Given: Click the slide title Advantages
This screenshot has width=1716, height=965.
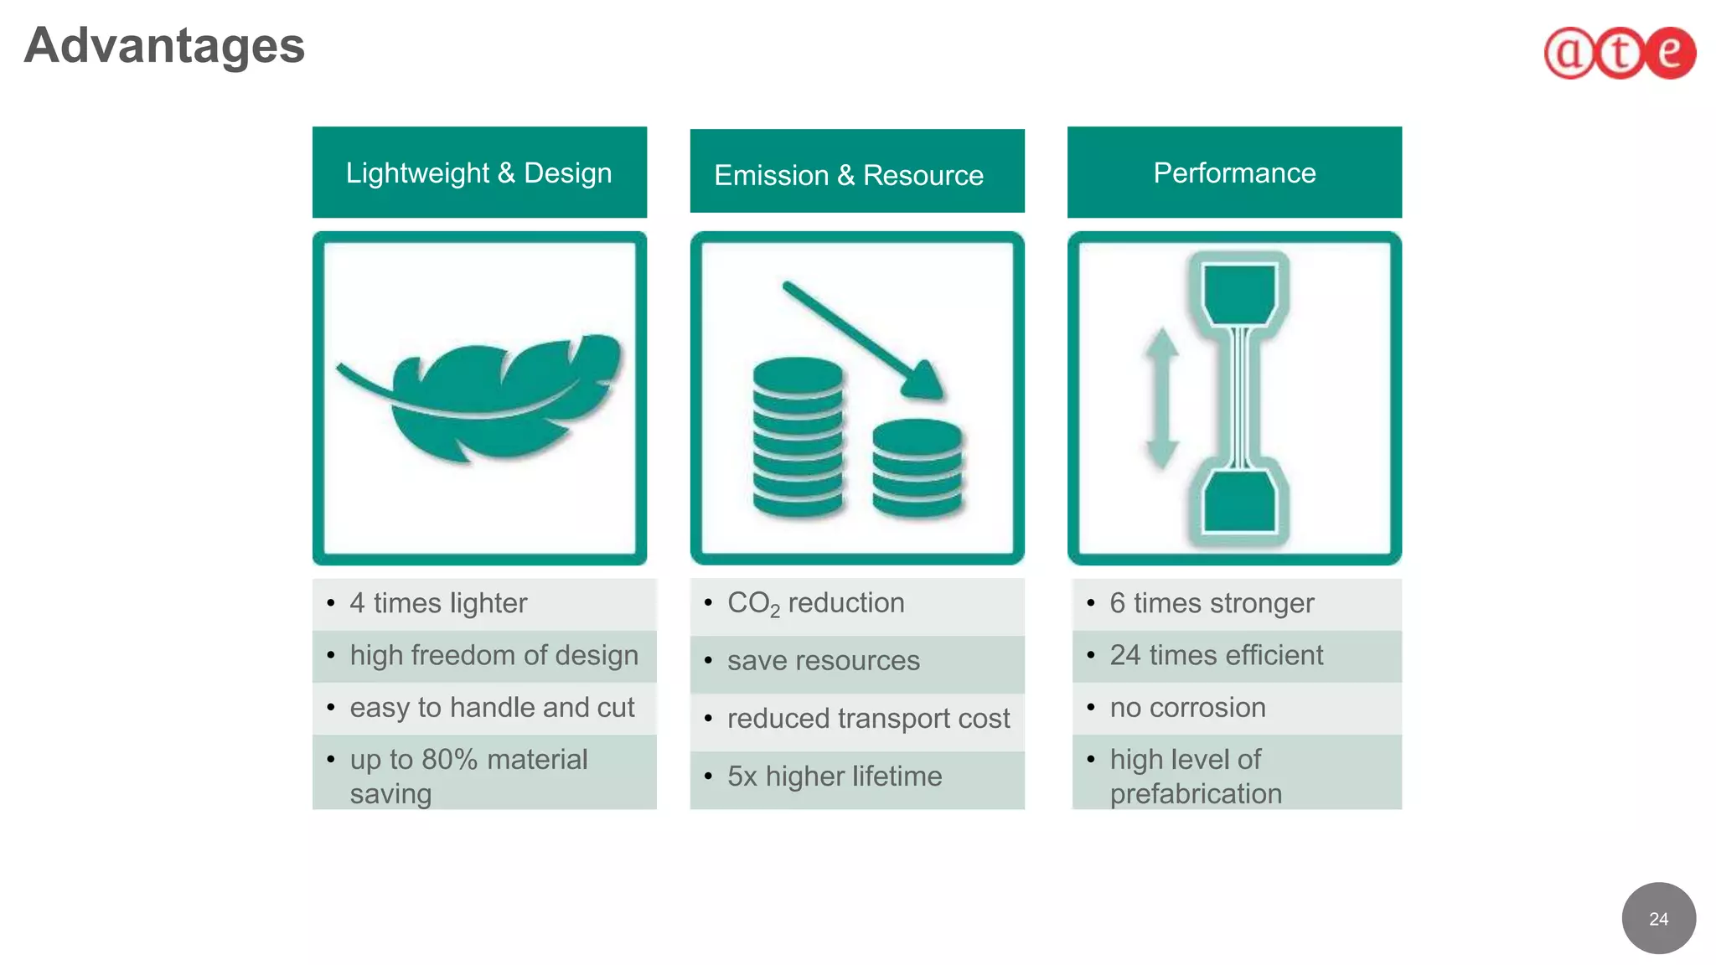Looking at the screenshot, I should pyautogui.click(x=164, y=45).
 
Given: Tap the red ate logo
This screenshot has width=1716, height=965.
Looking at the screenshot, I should pyautogui.click(x=1620, y=53).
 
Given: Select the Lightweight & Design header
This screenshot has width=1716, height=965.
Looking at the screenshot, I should pyautogui.click(x=479, y=173).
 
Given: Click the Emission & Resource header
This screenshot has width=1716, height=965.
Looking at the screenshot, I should pyautogui.click(x=856, y=174).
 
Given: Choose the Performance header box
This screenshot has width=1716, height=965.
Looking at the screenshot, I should pyautogui.click(x=1234, y=173).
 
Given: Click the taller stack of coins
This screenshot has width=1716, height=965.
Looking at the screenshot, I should pyautogui.click(x=797, y=436).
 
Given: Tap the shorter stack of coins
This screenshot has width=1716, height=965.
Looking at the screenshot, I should pyautogui.click(x=917, y=467).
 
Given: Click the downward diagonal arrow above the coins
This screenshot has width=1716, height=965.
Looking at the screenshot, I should pyautogui.click(x=863, y=339).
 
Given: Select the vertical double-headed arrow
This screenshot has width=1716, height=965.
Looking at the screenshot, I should pyautogui.click(x=1162, y=398).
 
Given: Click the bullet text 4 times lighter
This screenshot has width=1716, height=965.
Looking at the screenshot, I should pyautogui.click(x=438, y=603).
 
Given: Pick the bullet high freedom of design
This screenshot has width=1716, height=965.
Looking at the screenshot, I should pyautogui.click(x=494, y=655).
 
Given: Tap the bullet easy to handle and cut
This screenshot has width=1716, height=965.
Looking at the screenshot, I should pyautogui.click(x=492, y=708).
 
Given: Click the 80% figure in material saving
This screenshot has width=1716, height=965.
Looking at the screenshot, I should pyautogui.click(x=449, y=760).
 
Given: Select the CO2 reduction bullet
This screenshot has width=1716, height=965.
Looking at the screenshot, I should pyautogui.click(x=815, y=603).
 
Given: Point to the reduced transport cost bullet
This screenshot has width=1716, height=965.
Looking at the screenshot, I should pyautogui.click(x=868, y=719).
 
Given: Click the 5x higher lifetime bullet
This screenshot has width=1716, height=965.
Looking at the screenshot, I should pyautogui.click(x=835, y=777).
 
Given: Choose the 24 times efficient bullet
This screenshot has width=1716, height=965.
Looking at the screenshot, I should pyautogui.click(x=1216, y=655).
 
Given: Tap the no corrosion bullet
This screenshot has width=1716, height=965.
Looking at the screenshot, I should pyautogui.click(x=1187, y=708).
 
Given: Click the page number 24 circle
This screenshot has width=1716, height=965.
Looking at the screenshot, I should pyautogui.click(x=1658, y=918).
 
